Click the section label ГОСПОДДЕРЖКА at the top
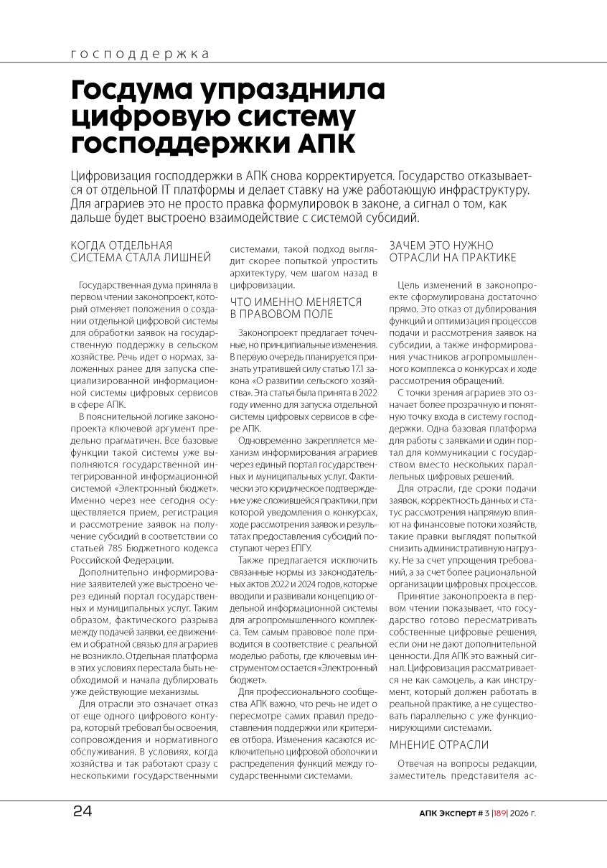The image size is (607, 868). [141, 55]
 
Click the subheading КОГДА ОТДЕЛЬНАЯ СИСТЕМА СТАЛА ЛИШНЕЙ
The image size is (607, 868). [141, 251]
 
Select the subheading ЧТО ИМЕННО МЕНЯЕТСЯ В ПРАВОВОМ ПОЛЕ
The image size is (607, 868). [296, 308]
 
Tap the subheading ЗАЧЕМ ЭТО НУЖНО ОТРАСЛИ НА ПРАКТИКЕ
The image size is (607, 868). [452, 251]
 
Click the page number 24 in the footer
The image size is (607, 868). [83, 812]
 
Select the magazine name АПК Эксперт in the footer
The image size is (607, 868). [447, 813]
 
